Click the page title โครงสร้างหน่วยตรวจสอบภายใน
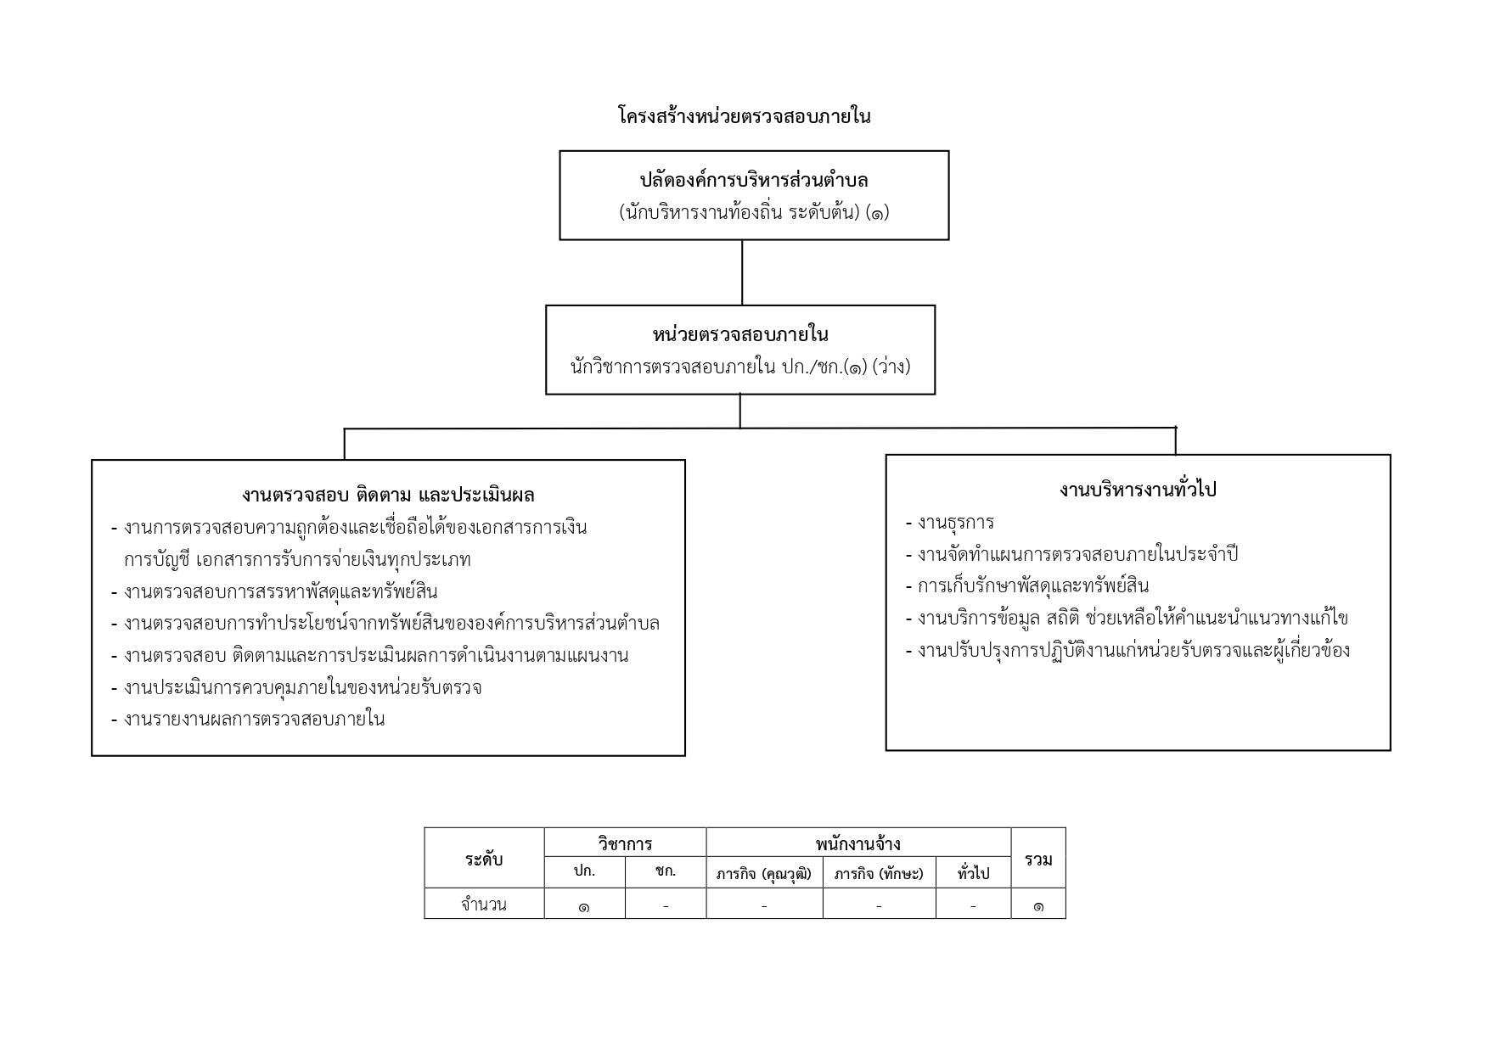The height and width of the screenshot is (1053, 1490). pyautogui.click(x=745, y=116)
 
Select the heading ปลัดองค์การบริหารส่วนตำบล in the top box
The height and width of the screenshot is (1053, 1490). pyautogui.click(x=754, y=180)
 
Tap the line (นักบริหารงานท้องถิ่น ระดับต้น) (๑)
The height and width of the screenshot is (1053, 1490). pyautogui.click(x=754, y=212)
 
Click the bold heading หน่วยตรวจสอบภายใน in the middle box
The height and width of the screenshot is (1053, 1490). pyautogui.click(x=740, y=334)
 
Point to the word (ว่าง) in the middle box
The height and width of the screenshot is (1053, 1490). pyautogui.click(x=891, y=367)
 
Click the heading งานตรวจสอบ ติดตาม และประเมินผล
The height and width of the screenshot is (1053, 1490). pyautogui.click(x=388, y=495)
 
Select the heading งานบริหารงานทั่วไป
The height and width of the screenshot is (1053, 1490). pyautogui.click(x=1138, y=490)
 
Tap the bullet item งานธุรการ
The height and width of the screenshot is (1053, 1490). pyautogui.click(x=950, y=522)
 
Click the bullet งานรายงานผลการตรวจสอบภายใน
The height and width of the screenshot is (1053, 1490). pyautogui.click(x=248, y=720)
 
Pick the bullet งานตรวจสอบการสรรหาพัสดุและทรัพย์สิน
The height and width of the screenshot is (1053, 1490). pyautogui.click(x=274, y=591)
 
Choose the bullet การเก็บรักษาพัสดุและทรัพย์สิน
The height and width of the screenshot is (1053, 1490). pyautogui.click(x=1027, y=585)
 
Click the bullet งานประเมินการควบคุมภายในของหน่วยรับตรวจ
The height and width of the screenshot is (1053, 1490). pyautogui.click(x=296, y=687)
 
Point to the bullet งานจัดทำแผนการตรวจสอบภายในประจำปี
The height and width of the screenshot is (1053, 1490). pyautogui.click(x=1071, y=554)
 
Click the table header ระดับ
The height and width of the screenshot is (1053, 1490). pyautogui.click(x=484, y=859)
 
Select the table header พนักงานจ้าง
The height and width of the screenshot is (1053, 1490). pyautogui.click(x=858, y=843)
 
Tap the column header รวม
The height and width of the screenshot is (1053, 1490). pyautogui.click(x=1038, y=859)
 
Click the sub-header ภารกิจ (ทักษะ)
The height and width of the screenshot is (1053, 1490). pyautogui.click(x=879, y=873)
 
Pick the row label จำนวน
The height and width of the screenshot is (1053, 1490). pyautogui.click(x=484, y=905)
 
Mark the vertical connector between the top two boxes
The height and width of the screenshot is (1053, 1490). pyautogui.click(x=742, y=272)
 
